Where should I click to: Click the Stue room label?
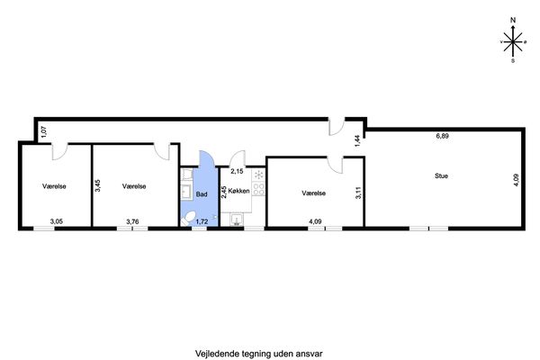tap(441, 176)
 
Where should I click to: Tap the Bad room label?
tap(202, 194)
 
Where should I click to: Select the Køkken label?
tap(238, 191)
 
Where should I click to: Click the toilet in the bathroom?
tap(188, 219)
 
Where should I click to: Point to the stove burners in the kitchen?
tap(258, 189)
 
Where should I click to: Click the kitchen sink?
tap(237, 220)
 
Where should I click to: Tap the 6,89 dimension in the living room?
tap(442, 136)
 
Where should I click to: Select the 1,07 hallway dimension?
tap(44, 132)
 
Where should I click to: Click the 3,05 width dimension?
tap(57, 221)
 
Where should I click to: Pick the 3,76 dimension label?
tap(132, 221)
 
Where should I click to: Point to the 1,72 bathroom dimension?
tap(202, 221)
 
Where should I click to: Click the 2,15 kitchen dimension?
tap(237, 171)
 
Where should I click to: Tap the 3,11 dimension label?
tap(358, 193)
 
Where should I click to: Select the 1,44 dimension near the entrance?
tap(357, 141)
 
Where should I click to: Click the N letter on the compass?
tap(513, 21)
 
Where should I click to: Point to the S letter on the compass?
tap(513, 61)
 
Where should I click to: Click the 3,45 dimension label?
tap(98, 185)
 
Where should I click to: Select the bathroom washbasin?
tap(186, 192)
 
